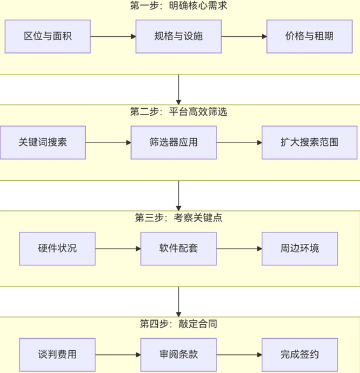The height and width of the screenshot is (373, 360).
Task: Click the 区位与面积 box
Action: coord(48,36)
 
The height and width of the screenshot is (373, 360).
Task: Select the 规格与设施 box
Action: coord(179,36)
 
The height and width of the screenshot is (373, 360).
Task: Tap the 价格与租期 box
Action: coord(309,36)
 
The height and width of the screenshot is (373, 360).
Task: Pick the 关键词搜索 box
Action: coord(43,143)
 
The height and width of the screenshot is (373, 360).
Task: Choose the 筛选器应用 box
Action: coord(174,143)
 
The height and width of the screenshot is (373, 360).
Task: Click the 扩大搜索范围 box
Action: coord(309,143)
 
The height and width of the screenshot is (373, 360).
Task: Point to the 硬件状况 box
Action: coord(58,249)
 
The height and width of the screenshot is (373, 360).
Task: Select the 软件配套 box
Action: coord(179,249)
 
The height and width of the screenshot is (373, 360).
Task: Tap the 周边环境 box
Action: coord(300,249)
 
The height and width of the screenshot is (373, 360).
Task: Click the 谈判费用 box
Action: coord(58,354)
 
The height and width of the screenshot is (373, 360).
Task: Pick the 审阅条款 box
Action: coord(179,354)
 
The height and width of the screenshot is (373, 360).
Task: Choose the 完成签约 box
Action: coord(300,354)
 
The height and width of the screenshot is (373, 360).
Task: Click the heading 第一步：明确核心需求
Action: coord(179,6)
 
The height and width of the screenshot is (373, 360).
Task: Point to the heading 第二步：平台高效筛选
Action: coord(179,112)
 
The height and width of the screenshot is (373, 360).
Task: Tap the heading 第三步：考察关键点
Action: coord(179,218)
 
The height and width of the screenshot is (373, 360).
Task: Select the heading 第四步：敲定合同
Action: coord(179,324)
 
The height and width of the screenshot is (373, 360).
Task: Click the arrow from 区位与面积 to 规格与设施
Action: coord(113,36)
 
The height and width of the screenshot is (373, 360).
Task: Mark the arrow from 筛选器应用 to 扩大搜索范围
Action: coord(239,143)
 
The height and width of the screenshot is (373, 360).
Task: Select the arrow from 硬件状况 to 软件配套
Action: coord(118,249)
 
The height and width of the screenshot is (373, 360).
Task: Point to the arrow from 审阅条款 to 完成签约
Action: coord(239,354)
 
